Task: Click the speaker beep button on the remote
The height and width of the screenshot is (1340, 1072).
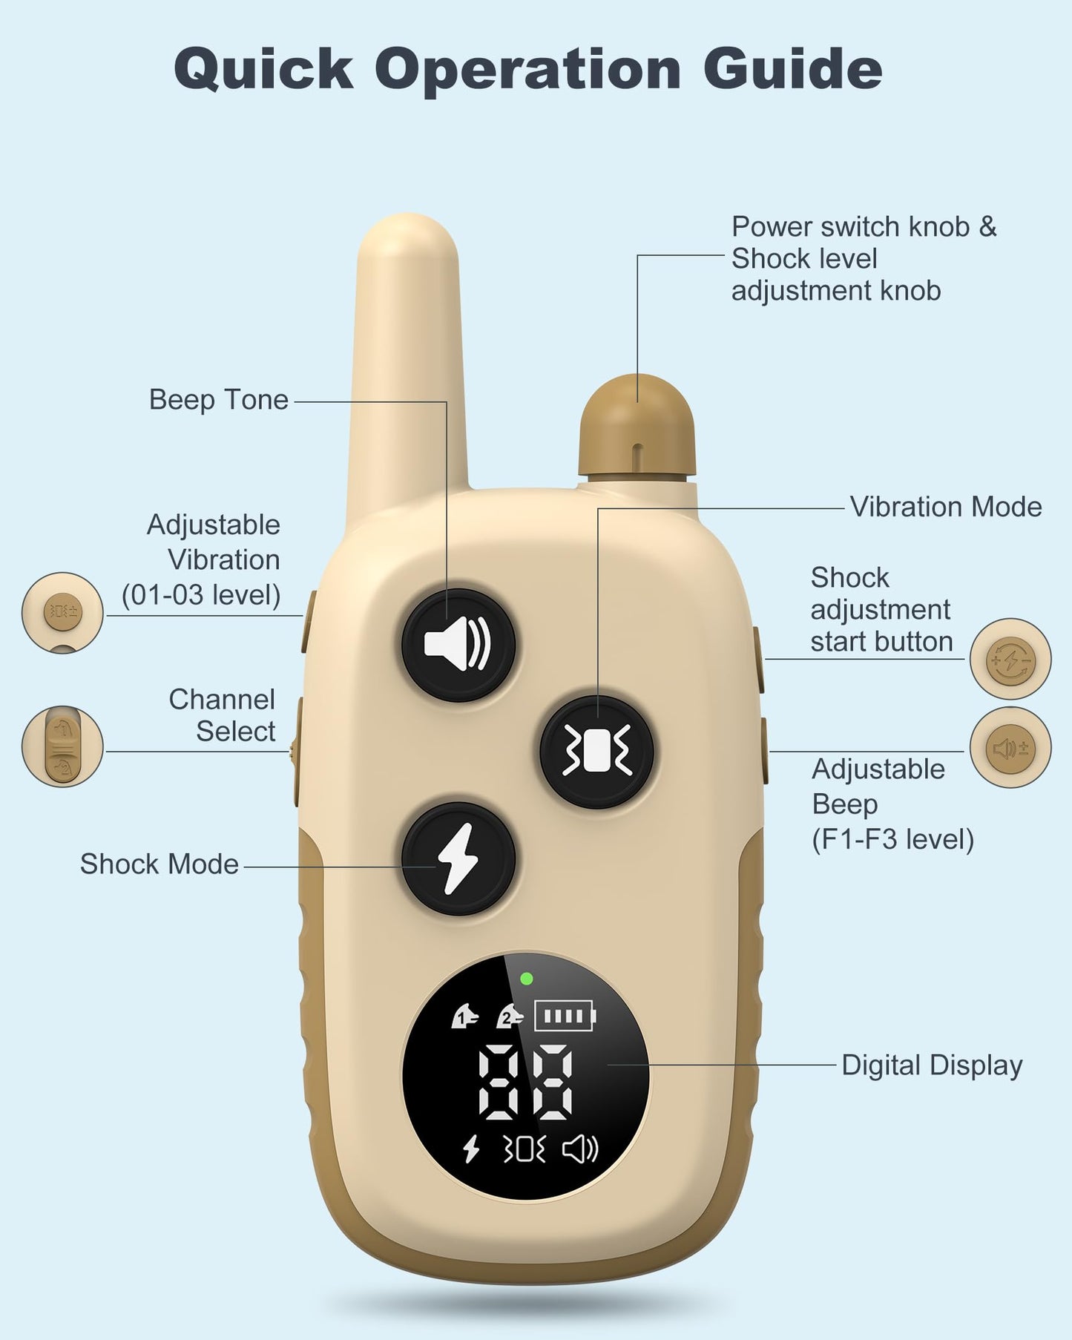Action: (458, 645)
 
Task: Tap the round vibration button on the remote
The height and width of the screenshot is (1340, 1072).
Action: (596, 751)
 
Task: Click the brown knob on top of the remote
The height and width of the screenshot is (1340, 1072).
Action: (637, 427)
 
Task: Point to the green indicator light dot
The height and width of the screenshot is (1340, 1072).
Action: (527, 979)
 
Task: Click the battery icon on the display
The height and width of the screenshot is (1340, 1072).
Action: (565, 1017)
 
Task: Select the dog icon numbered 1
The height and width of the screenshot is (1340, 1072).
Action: (464, 1016)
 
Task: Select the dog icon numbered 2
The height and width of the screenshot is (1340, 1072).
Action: (510, 1016)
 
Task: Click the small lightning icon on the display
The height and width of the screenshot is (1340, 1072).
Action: (470, 1149)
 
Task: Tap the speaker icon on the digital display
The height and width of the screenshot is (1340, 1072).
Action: (580, 1149)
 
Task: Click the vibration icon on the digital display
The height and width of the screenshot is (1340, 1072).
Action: (525, 1149)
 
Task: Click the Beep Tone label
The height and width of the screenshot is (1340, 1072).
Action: (219, 400)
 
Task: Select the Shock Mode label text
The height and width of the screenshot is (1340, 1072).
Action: (160, 864)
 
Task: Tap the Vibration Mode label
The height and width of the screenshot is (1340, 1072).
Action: (946, 508)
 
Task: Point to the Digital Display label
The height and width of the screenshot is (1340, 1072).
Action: (932, 1065)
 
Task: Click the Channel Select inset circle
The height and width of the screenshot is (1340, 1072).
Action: (62, 746)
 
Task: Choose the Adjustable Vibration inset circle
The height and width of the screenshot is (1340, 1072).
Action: (62, 612)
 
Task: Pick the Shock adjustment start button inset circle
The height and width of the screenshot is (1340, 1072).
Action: (1010, 659)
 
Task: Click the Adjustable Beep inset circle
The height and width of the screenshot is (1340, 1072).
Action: (1010, 748)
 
